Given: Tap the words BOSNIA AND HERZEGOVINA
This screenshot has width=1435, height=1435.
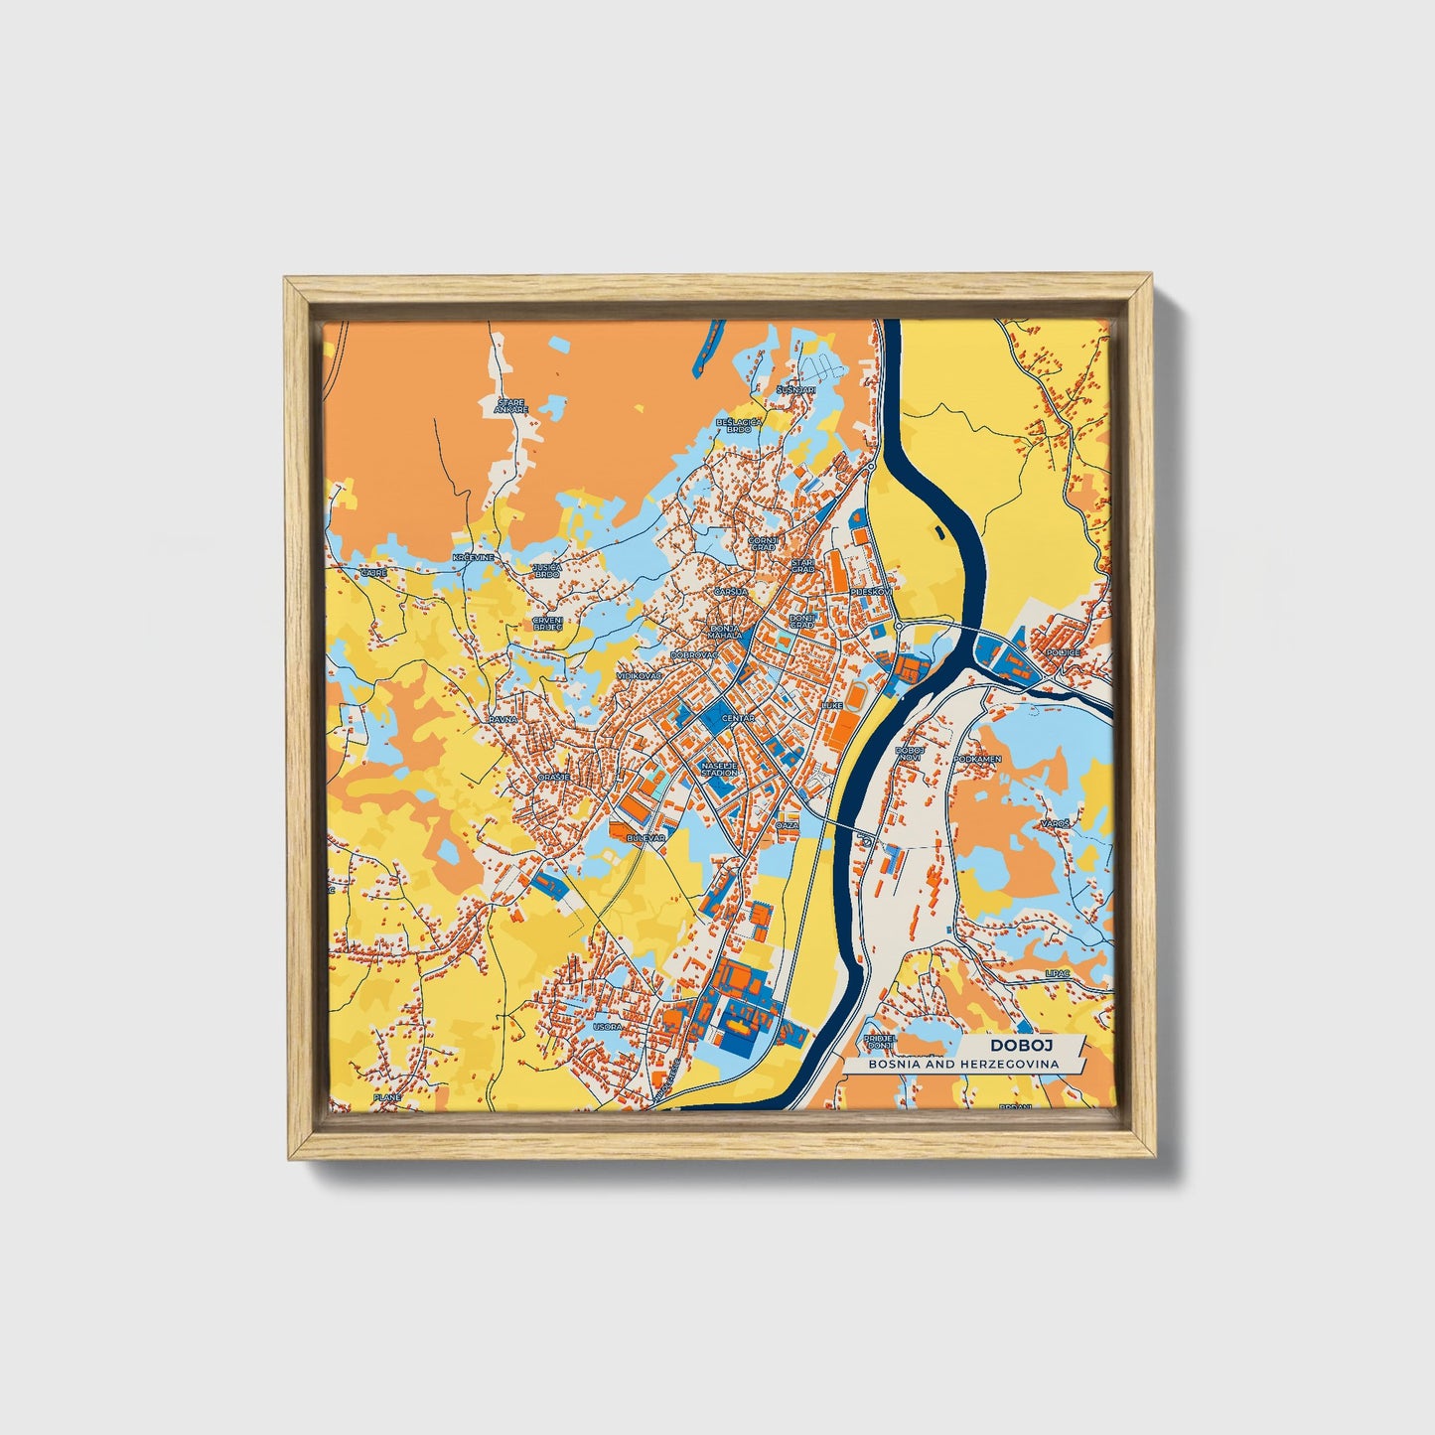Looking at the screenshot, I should [x=962, y=1064].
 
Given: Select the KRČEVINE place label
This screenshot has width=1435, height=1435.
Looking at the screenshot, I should [x=473, y=558].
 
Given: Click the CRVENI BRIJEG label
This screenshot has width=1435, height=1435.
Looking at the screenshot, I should [x=547, y=623].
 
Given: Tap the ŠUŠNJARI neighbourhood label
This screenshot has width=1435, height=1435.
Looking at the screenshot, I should [x=796, y=390].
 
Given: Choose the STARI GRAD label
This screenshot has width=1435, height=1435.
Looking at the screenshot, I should [x=802, y=565].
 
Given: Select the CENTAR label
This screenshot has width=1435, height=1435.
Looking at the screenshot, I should [x=738, y=717].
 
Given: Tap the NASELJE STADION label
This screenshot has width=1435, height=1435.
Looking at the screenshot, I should [x=719, y=769].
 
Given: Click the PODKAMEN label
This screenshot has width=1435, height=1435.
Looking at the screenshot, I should [x=977, y=759].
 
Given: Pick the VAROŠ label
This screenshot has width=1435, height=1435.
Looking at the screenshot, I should [x=1055, y=824].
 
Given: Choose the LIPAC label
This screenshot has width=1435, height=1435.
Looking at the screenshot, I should [x=1057, y=974].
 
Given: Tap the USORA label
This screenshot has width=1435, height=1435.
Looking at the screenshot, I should [x=606, y=1026].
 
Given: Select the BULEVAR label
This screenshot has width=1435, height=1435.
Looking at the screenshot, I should [x=645, y=838].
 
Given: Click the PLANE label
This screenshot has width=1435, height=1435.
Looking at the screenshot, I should [x=386, y=1097].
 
